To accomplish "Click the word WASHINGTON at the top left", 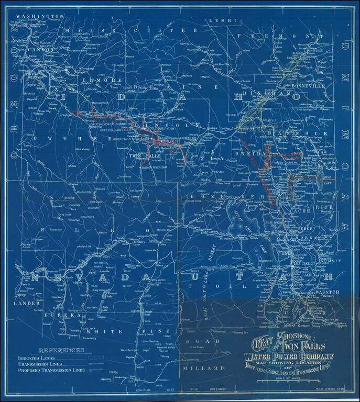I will pyautogui.click(x=40, y=17).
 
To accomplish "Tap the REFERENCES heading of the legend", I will pyautogui.click(x=61, y=350).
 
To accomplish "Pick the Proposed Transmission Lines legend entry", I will pyautogui.click(x=51, y=370).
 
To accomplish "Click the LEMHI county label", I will pyautogui.click(x=217, y=20).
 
